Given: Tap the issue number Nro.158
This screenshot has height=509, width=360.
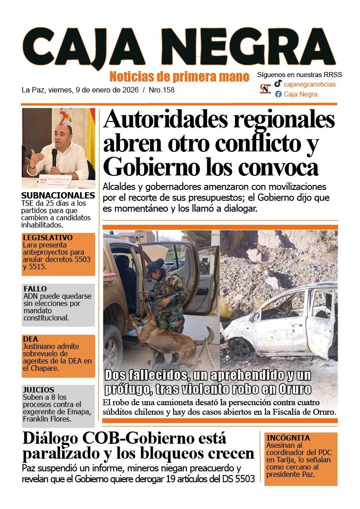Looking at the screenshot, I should click(x=162, y=90).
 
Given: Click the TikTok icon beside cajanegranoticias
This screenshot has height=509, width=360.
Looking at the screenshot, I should click(x=278, y=84).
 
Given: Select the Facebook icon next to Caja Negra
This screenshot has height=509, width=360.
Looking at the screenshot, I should click(x=278, y=94).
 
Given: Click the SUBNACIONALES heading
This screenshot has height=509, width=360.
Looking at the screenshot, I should click(x=58, y=196).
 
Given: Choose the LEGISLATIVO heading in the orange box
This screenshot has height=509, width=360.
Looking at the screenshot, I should click(x=48, y=238).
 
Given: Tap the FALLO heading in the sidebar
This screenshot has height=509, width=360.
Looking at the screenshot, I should click(x=35, y=289).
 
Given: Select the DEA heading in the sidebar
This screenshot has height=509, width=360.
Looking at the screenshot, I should click(x=30, y=339).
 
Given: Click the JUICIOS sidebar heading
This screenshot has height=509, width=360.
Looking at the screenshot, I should click(x=39, y=390).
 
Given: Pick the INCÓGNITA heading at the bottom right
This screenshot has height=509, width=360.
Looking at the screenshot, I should click(x=288, y=438).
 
